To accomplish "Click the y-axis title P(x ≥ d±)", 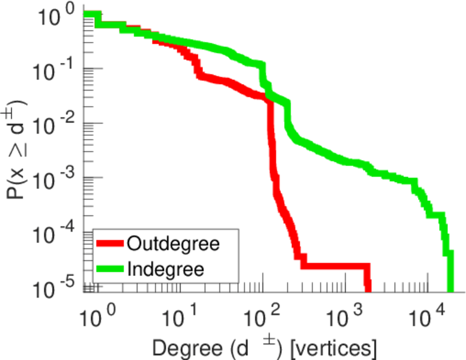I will pyautogui.click(x=18, y=150).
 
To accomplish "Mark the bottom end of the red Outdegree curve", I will pyautogui.click(x=368, y=289).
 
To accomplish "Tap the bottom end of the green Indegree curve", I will pyautogui.click(x=450, y=289).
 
